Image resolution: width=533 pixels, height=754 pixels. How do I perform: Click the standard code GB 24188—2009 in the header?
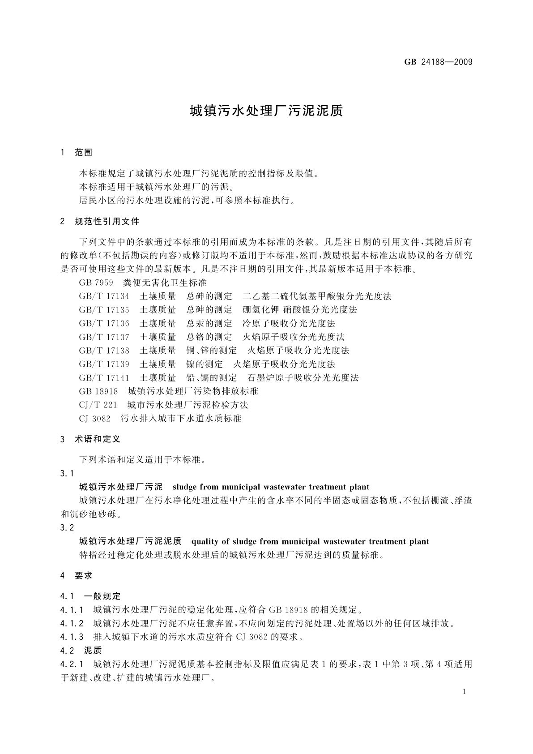tap(438, 62)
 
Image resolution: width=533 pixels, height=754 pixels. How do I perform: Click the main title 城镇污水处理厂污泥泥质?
tap(266, 111)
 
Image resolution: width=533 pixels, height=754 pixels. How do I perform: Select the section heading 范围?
tap(83, 153)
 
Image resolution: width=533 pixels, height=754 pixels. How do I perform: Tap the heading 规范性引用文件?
tap(107, 221)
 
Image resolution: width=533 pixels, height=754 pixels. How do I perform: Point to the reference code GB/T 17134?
tap(104, 296)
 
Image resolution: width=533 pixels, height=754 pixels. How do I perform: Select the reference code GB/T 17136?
tap(104, 324)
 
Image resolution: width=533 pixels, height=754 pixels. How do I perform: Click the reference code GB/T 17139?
tap(104, 364)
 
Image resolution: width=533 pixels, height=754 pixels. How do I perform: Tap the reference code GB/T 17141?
tap(104, 378)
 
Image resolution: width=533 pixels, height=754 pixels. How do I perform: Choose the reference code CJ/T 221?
tap(98, 405)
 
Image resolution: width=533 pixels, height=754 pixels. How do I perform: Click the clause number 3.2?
tap(67, 528)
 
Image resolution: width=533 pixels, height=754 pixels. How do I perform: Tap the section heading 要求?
tap(83, 576)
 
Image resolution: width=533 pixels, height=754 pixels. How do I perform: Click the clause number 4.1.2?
tap(72, 624)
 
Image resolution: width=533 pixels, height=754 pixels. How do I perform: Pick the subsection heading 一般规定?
tap(102, 596)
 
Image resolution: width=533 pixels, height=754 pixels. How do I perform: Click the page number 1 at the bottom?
tap(464, 692)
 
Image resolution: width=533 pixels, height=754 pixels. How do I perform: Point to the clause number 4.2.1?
tap(72, 664)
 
